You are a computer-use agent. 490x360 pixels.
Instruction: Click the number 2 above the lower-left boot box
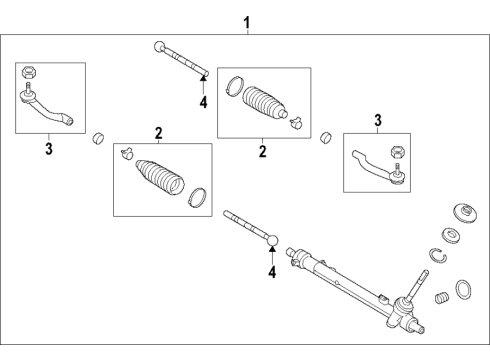tap(157, 132)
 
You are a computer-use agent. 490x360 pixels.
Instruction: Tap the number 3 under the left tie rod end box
tap(47, 149)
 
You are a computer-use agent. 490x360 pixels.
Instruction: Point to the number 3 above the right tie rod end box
tap(376, 121)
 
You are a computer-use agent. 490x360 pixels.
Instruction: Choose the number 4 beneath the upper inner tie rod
tap(202, 101)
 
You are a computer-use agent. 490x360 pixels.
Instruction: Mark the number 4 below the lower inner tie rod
tap(271, 270)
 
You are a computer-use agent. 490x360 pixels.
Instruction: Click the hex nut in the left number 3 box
tap(29, 73)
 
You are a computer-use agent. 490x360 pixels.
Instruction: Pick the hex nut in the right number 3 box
tap(396, 151)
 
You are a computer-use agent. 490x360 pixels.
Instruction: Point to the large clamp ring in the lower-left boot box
tap(198, 197)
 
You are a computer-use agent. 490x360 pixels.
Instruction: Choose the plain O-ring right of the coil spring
tap(465, 291)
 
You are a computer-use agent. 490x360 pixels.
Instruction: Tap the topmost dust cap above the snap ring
tap(464, 212)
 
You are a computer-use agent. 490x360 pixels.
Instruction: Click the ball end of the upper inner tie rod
tap(159, 45)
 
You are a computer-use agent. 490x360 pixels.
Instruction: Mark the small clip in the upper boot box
tap(296, 124)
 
